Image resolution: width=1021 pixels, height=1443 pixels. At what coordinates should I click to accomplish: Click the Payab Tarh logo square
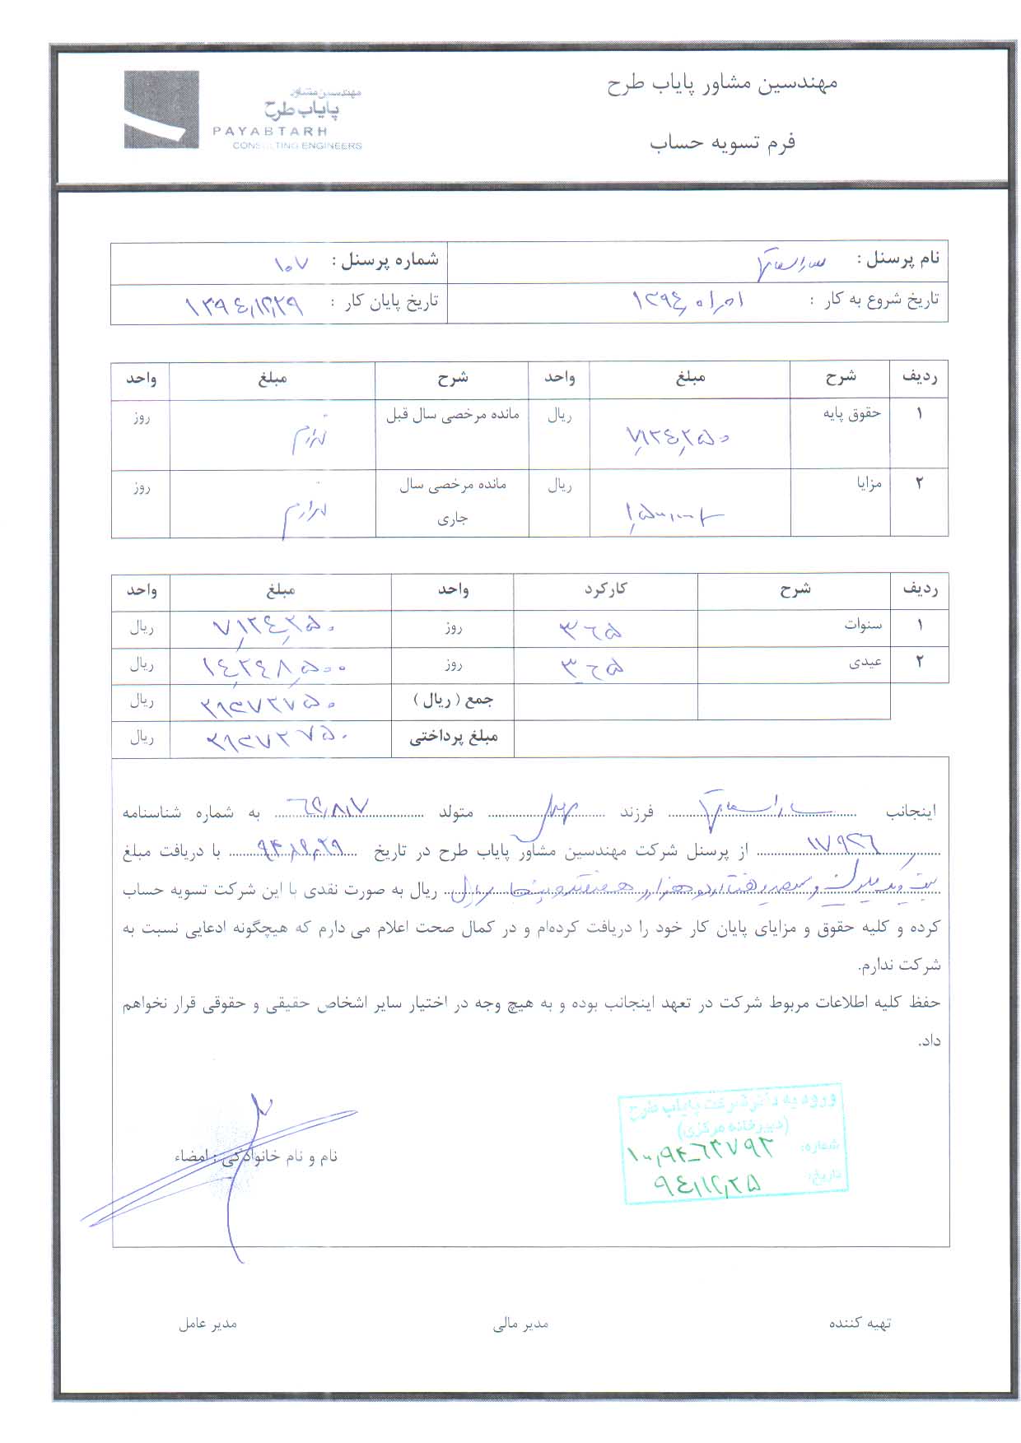tap(161, 109)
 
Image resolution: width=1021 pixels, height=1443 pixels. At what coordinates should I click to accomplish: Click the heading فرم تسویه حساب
tap(722, 142)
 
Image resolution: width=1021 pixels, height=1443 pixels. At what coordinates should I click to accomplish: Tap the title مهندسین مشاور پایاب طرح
tap(721, 84)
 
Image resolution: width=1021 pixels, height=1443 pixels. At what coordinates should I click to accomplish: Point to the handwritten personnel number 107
tap(291, 264)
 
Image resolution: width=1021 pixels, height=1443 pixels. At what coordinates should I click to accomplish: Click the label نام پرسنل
tap(898, 258)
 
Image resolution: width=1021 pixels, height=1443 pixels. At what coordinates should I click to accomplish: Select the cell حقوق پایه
tap(851, 413)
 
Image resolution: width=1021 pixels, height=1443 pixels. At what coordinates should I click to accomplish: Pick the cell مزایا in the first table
tap(869, 483)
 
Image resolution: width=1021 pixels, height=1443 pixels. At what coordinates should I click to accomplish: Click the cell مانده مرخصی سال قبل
tap(452, 414)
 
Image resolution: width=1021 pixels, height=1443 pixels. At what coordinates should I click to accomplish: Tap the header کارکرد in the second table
tap(605, 589)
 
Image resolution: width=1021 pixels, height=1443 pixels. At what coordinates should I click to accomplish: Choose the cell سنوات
tap(863, 626)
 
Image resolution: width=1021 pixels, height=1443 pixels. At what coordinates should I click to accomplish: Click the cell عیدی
tap(865, 663)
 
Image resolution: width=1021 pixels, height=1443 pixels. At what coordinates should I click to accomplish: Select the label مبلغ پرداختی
tap(454, 738)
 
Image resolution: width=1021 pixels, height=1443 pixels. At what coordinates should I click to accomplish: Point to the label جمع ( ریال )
tap(454, 701)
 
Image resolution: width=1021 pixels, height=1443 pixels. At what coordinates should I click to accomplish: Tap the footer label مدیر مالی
tap(520, 1324)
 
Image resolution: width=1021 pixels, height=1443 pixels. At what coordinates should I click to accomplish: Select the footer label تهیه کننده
tap(860, 1324)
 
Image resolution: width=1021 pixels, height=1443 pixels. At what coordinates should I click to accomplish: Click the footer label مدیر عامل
tap(207, 1324)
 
